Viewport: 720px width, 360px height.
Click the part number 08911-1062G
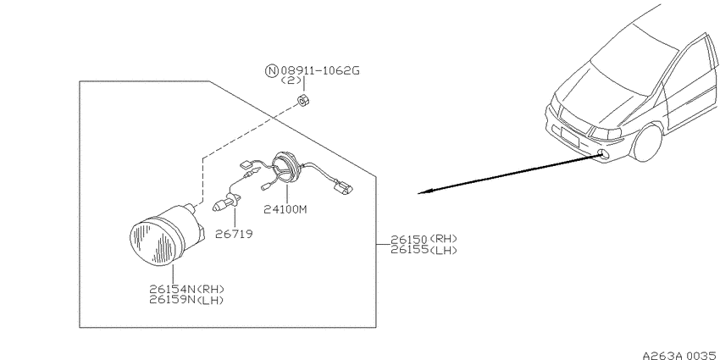pyautogui.click(x=319, y=70)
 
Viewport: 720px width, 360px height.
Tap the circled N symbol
pyautogui.click(x=272, y=70)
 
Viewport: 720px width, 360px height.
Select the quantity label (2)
pyautogui.click(x=291, y=80)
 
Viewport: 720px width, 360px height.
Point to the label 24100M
pyautogui.click(x=285, y=209)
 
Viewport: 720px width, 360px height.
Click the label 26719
pyautogui.click(x=234, y=234)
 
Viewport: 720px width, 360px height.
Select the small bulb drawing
pyautogui.click(x=226, y=202)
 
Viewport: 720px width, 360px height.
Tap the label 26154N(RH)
pyautogui.click(x=186, y=289)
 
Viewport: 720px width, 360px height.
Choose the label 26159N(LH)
pyautogui.click(x=186, y=300)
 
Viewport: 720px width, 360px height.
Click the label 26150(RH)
pyautogui.click(x=424, y=239)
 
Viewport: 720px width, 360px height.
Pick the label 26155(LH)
pyautogui.click(x=424, y=250)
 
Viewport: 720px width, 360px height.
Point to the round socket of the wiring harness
pyautogui.click(x=285, y=167)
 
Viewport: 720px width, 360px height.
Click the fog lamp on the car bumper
pyautogui.click(x=605, y=155)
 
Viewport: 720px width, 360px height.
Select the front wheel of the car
pyautogui.click(x=647, y=143)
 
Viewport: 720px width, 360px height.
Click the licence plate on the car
pyautogui.click(x=569, y=136)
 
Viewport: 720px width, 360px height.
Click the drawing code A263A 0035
pyautogui.click(x=680, y=356)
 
